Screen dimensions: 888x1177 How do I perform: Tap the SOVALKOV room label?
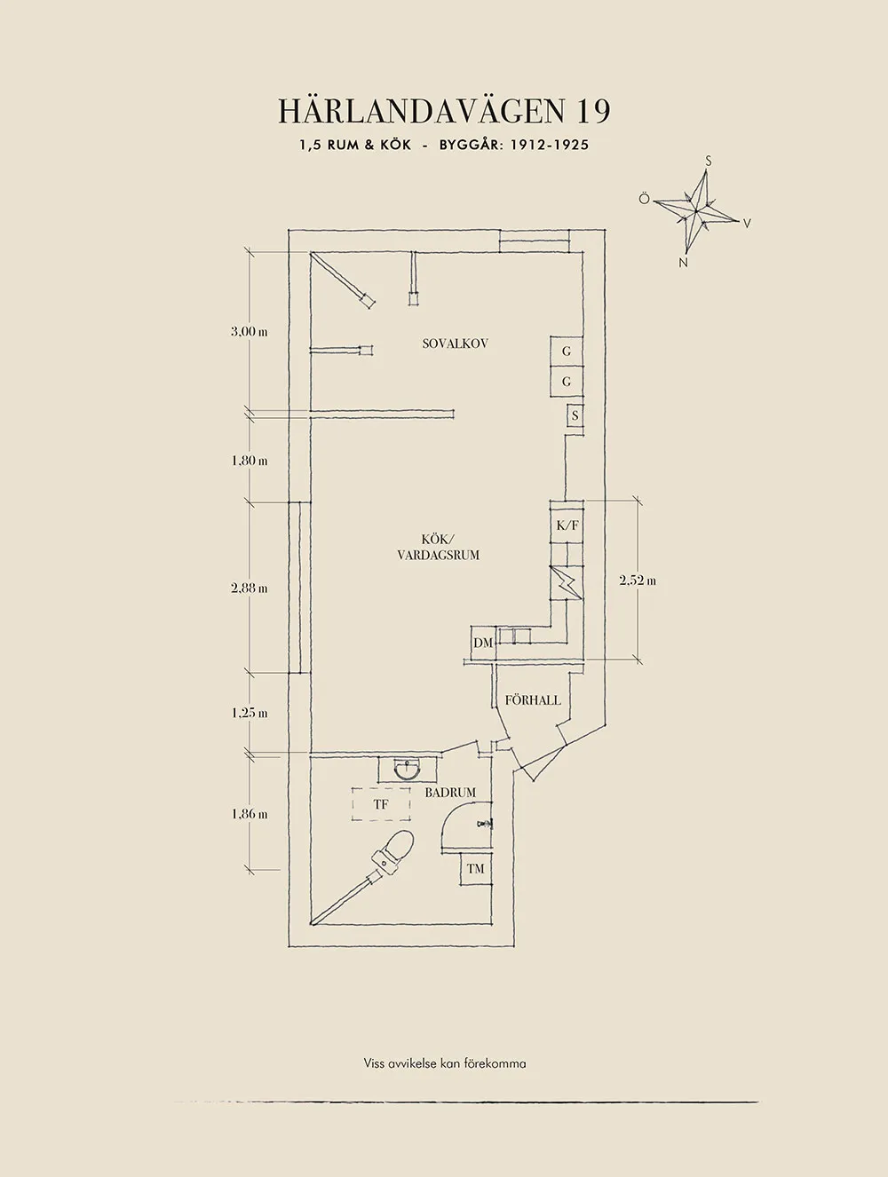pos(456,344)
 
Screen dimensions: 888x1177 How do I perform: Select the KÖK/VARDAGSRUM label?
pos(438,548)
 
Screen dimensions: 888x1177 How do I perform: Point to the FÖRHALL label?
pos(533,700)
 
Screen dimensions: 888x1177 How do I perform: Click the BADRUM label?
pos(450,793)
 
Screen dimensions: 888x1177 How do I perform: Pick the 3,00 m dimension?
pos(250,331)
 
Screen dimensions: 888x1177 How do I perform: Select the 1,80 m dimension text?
pos(250,461)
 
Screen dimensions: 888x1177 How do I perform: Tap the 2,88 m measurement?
pos(250,588)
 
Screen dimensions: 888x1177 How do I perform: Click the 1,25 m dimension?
pos(250,713)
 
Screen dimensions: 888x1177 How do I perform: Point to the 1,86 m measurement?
pos(250,814)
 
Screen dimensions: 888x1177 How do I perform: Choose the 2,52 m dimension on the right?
pos(638,581)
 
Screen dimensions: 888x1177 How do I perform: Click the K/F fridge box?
pos(567,525)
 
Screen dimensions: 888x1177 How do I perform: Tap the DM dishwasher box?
pos(483,643)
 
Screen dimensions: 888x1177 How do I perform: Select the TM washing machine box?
pos(476,869)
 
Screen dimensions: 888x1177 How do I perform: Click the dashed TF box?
pos(381,804)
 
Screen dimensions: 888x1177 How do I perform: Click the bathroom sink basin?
pos(408,770)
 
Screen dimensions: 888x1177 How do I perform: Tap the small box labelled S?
pos(575,415)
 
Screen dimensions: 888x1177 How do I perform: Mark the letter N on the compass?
pos(684,263)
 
